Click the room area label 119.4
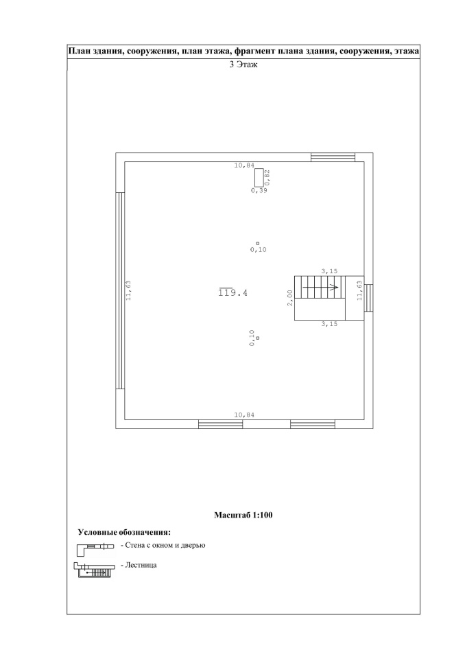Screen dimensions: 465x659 click(x=233, y=292)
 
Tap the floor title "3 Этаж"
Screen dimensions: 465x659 click(x=243, y=65)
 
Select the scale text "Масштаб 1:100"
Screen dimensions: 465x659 click(x=243, y=515)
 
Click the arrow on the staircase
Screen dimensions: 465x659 click(x=320, y=288)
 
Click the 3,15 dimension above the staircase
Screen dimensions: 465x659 click(x=329, y=272)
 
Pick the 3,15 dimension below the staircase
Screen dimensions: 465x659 click(x=329, y=324)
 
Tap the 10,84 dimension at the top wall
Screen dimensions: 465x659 click(x=244, y=165)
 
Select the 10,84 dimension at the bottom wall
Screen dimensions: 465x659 click(x=244, y=415)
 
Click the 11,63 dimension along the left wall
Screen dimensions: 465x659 click(x=128, y=290)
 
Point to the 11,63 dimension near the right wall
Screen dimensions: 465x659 click(x=359, y=290)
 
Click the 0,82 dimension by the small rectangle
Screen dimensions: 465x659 click(x=267, y=177)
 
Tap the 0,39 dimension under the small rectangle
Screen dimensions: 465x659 click(x=259, y=190)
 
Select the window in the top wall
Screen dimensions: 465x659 click(x=333, y=157)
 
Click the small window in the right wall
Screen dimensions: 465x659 click(x=368, y=298)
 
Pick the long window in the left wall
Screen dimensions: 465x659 click(x=120, y=290)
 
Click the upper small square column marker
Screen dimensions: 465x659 click(x=257, y=243)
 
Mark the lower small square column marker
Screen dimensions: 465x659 click(x=257, y=338)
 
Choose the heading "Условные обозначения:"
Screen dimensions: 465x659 click(x=124, y=533)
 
